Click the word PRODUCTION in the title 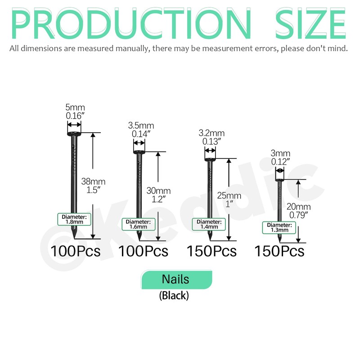(x=131, y=23)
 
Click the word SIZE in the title (x=310, y=23)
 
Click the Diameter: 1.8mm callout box (x=74, y=219)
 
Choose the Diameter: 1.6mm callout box (x=139, y=224)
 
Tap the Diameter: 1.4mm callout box (x=209, y=224)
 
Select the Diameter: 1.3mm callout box (x=279, y=228)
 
